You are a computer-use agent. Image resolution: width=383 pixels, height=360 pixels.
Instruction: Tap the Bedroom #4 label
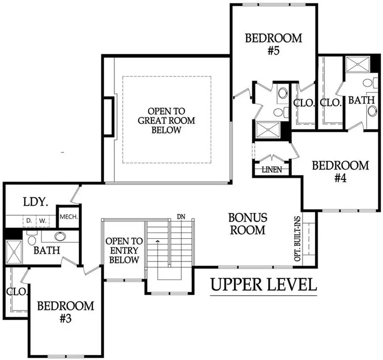pos(340,172)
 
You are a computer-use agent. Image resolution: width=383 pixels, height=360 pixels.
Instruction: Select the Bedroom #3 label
pos(66,312)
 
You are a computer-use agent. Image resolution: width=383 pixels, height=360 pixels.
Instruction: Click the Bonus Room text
pos(248,224)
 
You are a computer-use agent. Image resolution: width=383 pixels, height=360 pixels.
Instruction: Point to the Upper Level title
pos(264,284)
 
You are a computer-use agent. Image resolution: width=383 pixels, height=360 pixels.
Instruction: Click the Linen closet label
pos(272,170)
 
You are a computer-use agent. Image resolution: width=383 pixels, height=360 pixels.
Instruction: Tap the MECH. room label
pos(68,217)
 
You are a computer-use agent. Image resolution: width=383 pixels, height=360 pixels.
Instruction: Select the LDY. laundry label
pos(36,202)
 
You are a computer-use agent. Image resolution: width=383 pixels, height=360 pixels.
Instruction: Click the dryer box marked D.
pos(28,219)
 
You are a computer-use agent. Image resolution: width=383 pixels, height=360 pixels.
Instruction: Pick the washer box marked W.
pos(42,219)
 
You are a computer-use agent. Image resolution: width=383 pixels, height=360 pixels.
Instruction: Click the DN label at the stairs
pos(182,217)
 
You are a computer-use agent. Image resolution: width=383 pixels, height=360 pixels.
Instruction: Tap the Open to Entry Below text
pos(122,250)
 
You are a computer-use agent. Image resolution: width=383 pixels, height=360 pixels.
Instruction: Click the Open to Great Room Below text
pos(166,121)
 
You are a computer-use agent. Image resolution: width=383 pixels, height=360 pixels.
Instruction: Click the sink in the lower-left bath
pos(60,236)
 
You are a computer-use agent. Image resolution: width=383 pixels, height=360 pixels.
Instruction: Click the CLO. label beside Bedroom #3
pos(16,291)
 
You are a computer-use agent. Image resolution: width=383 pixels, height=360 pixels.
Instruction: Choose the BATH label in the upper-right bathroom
pos(361,100)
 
